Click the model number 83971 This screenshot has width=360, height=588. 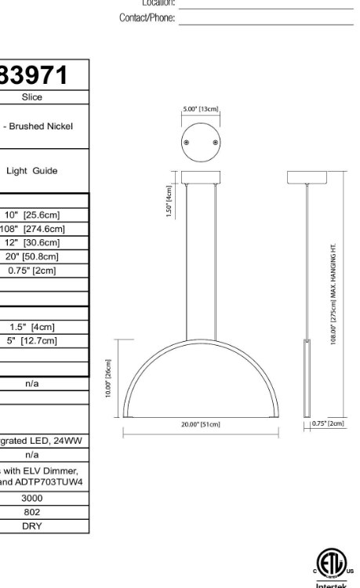tap(35, 75)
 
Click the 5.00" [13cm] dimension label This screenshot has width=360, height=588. tap(200, 109)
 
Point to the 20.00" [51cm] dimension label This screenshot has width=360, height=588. tap(201, 424)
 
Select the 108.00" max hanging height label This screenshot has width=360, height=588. tap(333, 299)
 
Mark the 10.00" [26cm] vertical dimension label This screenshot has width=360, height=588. tap(109, 379)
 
